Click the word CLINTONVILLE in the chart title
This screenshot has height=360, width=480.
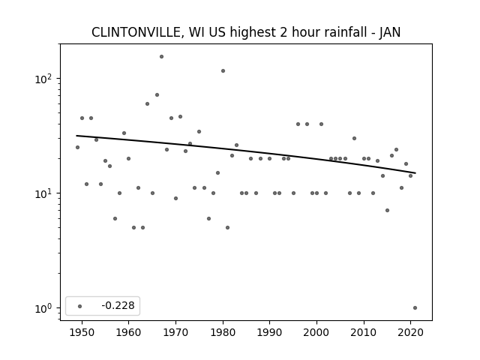[136, 32]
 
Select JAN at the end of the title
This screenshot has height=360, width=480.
[390, 32]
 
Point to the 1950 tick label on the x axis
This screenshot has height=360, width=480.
[82, 332]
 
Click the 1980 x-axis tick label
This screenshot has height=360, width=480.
[223, 332]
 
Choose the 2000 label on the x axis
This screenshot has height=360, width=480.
[316, 332]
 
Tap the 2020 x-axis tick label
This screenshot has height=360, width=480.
[410, 332]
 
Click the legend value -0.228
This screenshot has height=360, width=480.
[118, 305]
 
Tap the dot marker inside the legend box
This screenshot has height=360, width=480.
[80, 306]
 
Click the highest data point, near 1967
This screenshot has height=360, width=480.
[162, 57]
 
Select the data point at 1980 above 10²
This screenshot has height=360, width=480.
[223, 71]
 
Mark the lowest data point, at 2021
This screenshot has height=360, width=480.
[415, 308]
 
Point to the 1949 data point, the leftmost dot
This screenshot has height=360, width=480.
[77, 147]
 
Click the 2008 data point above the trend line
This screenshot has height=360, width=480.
[354, 138]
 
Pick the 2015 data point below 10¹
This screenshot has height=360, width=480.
[387, 210]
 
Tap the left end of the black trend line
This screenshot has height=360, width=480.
[76, 136]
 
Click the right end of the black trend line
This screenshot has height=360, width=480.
[415, 173]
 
